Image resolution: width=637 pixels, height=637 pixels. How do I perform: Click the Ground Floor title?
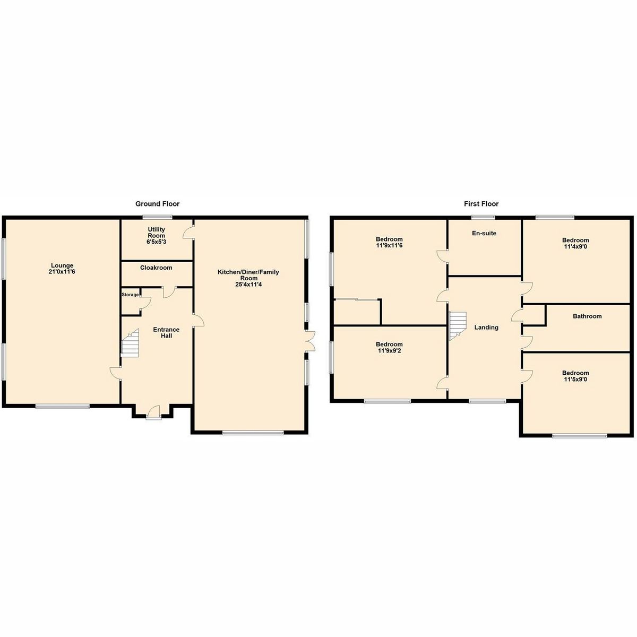(157, 204)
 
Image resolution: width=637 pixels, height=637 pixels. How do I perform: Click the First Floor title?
(481, 204)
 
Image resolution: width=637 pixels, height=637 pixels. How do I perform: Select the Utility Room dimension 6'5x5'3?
(156, 242)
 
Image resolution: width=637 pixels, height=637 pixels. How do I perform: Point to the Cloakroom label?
(156, 268)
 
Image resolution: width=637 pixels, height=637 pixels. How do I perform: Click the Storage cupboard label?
(130, 295)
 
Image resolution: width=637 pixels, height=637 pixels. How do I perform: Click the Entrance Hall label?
(166, 333)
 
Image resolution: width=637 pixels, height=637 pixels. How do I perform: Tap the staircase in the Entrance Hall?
(130, 343)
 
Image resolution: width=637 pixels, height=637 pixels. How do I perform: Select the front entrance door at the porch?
(153, 411)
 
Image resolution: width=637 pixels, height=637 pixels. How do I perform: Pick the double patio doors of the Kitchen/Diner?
(310, 341)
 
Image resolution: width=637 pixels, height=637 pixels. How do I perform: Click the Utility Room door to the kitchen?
(188, 233)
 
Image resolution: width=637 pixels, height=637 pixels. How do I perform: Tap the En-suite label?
(484, 233)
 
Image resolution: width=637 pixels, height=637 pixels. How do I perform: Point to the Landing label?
(486, 328)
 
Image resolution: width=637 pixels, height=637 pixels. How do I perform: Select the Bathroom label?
(587, 316)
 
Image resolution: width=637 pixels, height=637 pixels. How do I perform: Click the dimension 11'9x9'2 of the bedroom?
(389, 351)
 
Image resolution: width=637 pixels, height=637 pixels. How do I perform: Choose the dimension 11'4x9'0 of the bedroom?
(575, 246)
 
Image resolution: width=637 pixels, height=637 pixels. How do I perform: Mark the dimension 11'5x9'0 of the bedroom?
(575, 380)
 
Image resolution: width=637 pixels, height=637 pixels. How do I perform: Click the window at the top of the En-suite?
(483, 217)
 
